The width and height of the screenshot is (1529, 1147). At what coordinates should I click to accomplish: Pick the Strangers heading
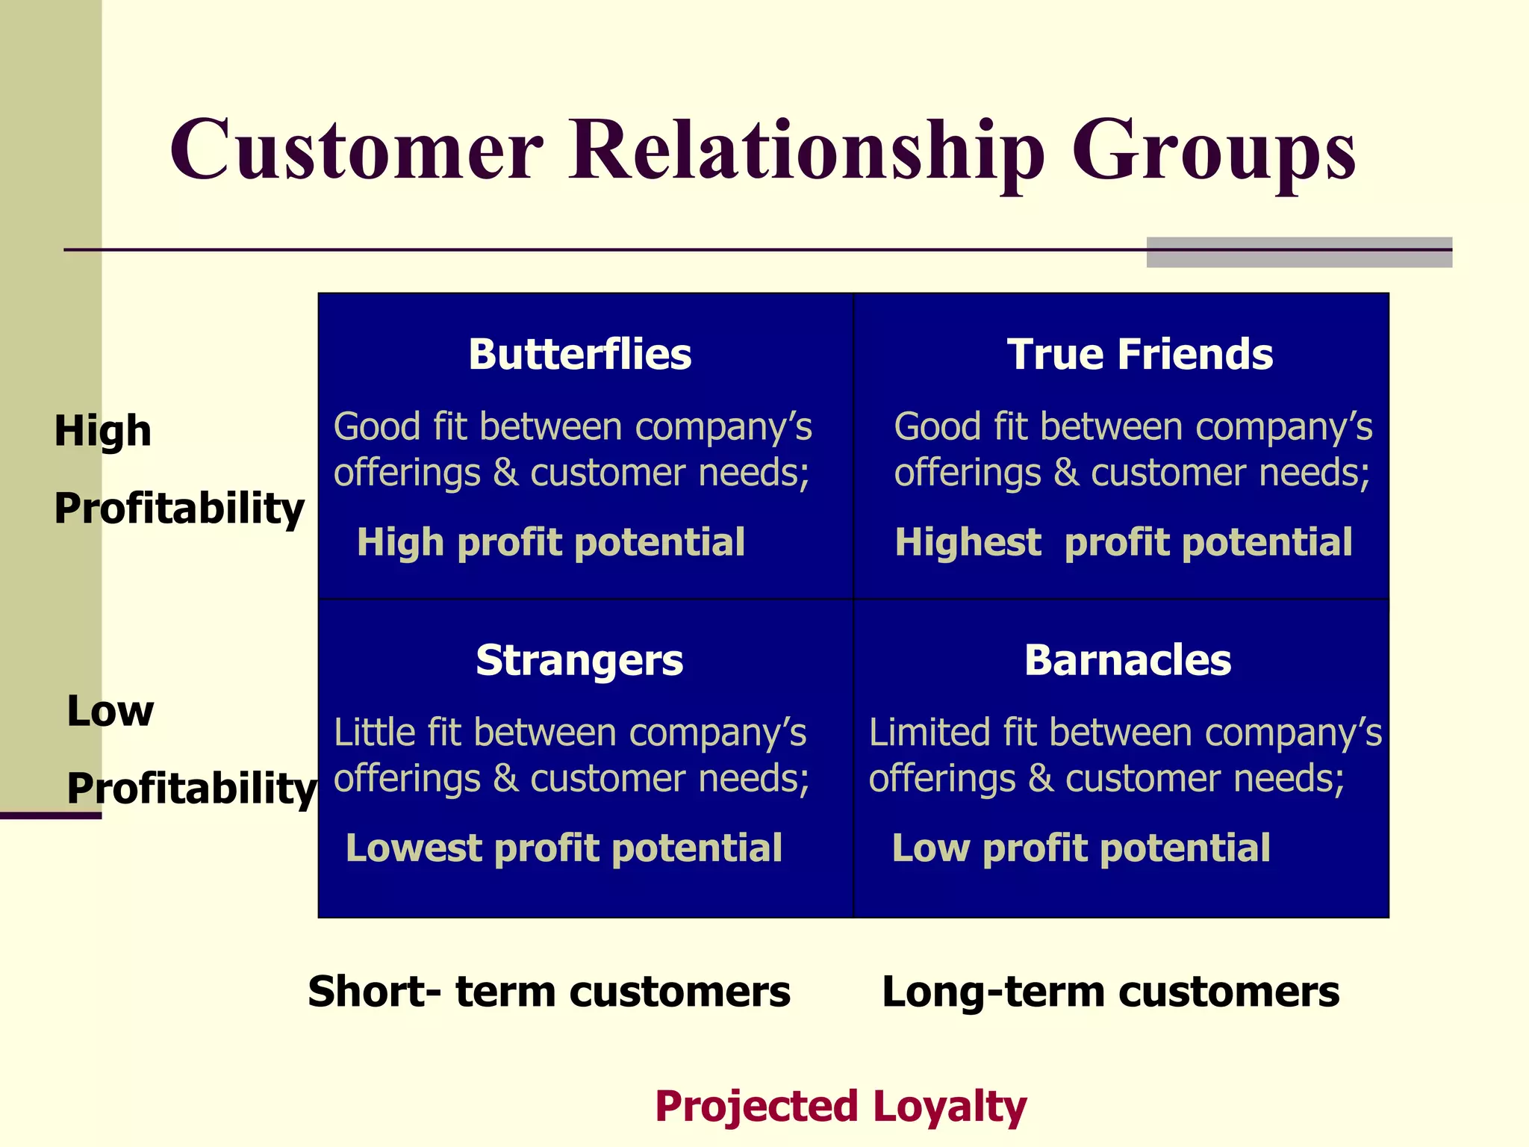click(x=579, y=661)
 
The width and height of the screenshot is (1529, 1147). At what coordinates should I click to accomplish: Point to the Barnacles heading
click(x=1127, y=660)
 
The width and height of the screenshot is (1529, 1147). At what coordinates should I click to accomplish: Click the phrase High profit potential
click(x=551, y=542)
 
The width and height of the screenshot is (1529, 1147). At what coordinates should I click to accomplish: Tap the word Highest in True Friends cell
click(x=968, y=542)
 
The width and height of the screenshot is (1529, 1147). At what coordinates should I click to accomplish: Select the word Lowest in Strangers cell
click(x=413, y=848)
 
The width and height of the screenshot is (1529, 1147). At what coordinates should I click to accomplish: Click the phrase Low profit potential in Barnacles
click(x=1080, y=848)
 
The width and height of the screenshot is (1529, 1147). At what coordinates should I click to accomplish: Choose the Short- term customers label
click(x=549, y=992)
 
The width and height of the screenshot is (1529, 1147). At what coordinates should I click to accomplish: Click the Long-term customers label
click(x=1110, y=992)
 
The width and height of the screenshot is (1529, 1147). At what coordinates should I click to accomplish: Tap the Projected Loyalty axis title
click(x=841, y=1107)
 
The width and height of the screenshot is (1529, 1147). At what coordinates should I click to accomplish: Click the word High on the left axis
click(x=102, y=431)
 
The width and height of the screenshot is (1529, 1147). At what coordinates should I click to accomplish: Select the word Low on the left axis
click(x=110, y=711)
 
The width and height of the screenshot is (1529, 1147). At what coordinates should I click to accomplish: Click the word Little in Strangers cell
click(x=375, y=733)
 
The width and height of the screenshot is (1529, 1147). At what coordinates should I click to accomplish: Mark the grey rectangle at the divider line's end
click(x=1298, y=252)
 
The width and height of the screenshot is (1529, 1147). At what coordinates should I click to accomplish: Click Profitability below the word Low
click(x=191, y=789)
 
